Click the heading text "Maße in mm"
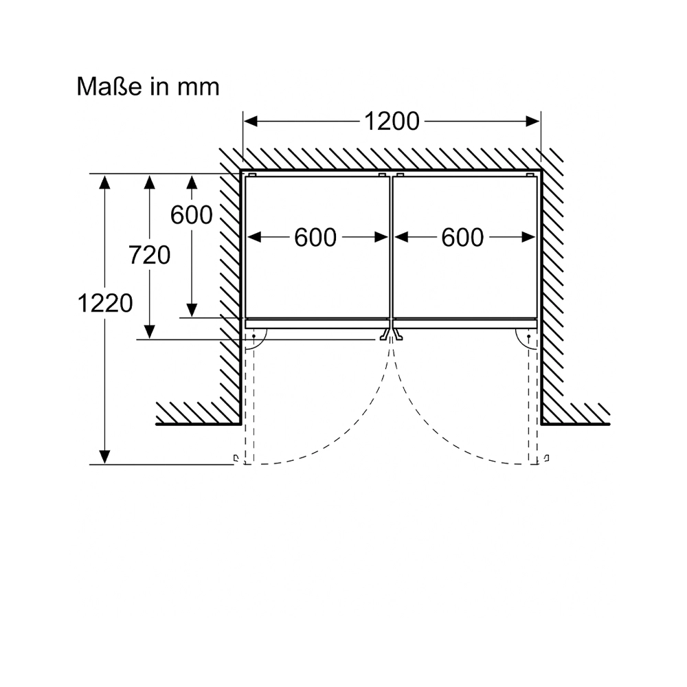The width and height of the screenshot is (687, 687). [x=148, y=87]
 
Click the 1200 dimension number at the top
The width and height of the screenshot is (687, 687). [x=392, y=122]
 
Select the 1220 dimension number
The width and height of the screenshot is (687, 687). [x=105, y=303]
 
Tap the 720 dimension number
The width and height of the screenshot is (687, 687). [x=149, y=255]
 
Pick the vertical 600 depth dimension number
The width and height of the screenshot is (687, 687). [x=192, y=215]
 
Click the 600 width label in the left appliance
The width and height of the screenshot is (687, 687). [x=315, y=238]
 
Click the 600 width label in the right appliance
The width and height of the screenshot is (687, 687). [x=462, y=238]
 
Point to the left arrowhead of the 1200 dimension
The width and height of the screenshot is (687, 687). [x=251, y=122]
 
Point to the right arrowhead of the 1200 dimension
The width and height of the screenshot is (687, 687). [x=533, y=122]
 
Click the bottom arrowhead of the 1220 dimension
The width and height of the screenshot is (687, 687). [x=104, y=457]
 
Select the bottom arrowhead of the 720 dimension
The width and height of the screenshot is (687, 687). [x=149, y=332]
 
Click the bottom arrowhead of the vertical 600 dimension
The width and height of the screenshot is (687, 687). [x=192, y=310]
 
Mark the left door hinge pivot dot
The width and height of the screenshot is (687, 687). [x=254, y=337]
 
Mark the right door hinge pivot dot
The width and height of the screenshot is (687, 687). [x=529, y=337]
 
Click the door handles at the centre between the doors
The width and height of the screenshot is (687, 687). [x=391, y=335]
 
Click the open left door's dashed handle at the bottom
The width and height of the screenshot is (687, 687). [x=236, y=459]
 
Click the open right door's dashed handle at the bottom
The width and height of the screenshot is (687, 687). [x=547, y=459]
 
